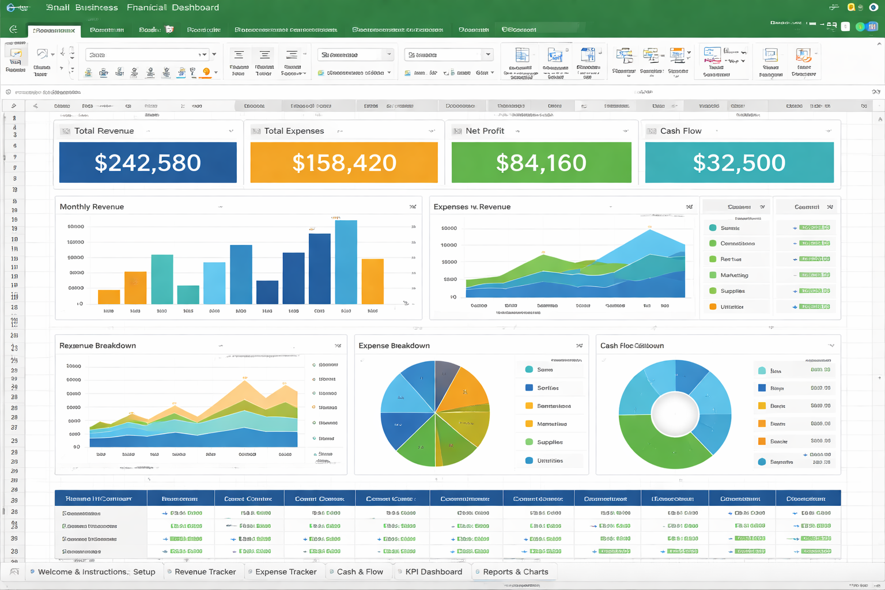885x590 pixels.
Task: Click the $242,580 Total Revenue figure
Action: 147,163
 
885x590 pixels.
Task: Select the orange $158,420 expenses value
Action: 344,163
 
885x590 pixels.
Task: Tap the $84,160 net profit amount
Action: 541,163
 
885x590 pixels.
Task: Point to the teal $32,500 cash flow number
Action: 739,163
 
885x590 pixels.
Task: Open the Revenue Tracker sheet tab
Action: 205,572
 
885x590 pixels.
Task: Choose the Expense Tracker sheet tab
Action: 286,572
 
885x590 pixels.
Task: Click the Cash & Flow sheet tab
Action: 360,572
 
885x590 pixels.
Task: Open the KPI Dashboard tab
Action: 433,572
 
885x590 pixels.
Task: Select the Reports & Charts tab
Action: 515,572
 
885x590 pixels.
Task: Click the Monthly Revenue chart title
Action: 92,207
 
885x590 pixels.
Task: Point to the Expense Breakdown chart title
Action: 394,346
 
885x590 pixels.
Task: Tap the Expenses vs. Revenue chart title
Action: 472,207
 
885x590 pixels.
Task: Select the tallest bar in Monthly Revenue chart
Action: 346,262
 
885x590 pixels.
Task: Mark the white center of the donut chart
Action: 675,414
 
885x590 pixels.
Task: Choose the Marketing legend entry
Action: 734,275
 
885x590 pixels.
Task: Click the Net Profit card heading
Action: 485,131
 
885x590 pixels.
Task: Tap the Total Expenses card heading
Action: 294,131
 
